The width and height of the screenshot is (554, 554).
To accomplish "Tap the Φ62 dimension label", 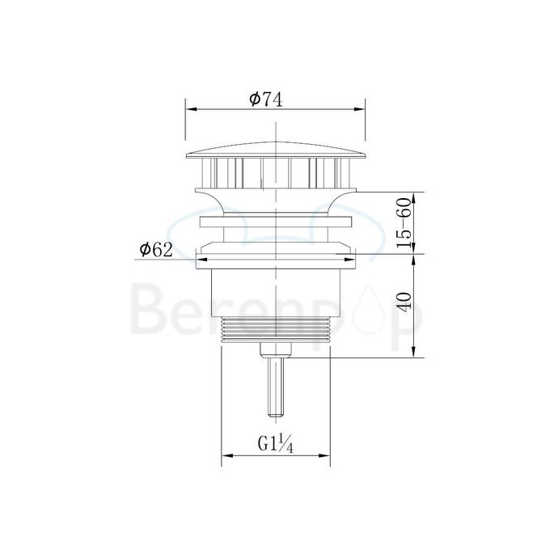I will [156, 250].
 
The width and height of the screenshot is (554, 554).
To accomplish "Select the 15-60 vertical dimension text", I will [405, 220].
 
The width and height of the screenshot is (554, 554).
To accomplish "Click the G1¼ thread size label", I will [275, 444].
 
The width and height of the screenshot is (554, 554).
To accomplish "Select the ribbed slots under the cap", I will [276, 171].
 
